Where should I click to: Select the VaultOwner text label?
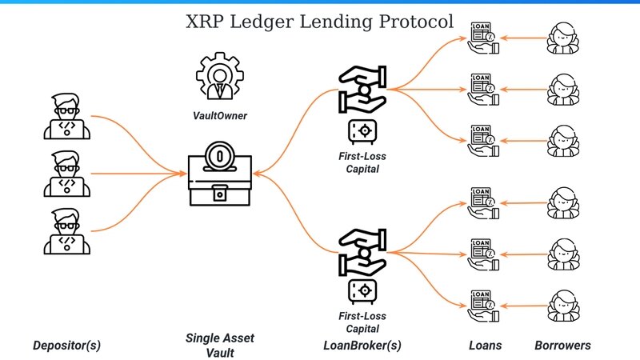pos(218,116)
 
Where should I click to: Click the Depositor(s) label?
pos(67,346)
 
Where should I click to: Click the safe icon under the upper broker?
pos(361,130)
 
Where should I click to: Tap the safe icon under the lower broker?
pos(361,290)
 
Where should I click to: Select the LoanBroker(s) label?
pos(361,346)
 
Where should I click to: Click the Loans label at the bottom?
pos(485,346)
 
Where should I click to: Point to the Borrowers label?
pos(562,346)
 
